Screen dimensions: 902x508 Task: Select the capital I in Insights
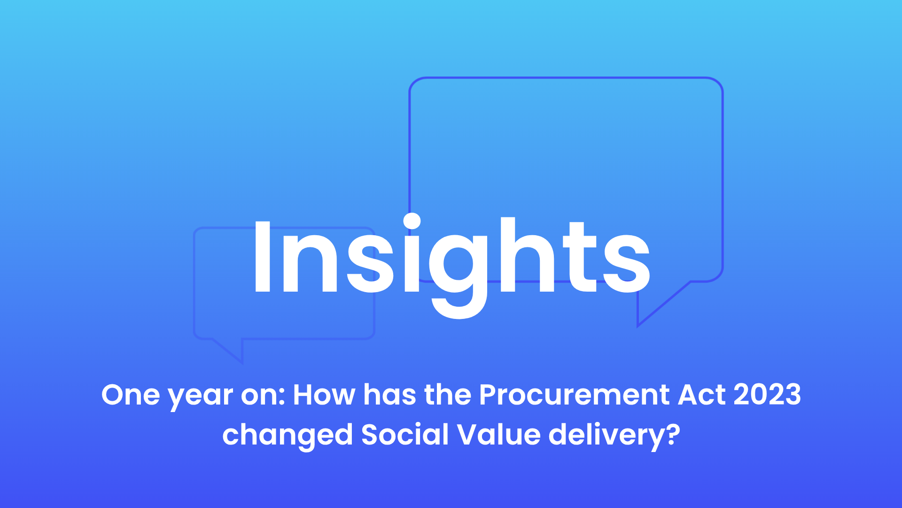coord(262,257)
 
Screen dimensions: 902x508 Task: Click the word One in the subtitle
coord(131,395)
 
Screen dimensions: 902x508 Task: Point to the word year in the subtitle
coord(201,398)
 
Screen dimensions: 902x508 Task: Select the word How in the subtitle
coord(324,395)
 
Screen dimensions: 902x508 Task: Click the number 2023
coord(767,395)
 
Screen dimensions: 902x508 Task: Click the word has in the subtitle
coord(389,395)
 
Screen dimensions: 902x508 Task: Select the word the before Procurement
coord(447,395)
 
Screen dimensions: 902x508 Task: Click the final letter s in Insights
coord(627,264)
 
